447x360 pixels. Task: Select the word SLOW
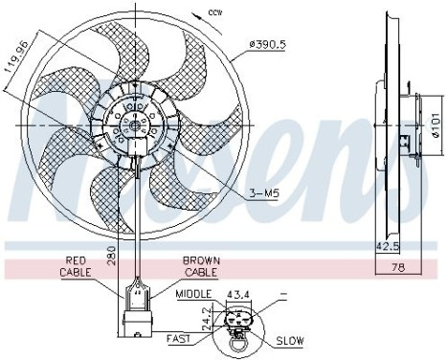pos(291,341)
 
